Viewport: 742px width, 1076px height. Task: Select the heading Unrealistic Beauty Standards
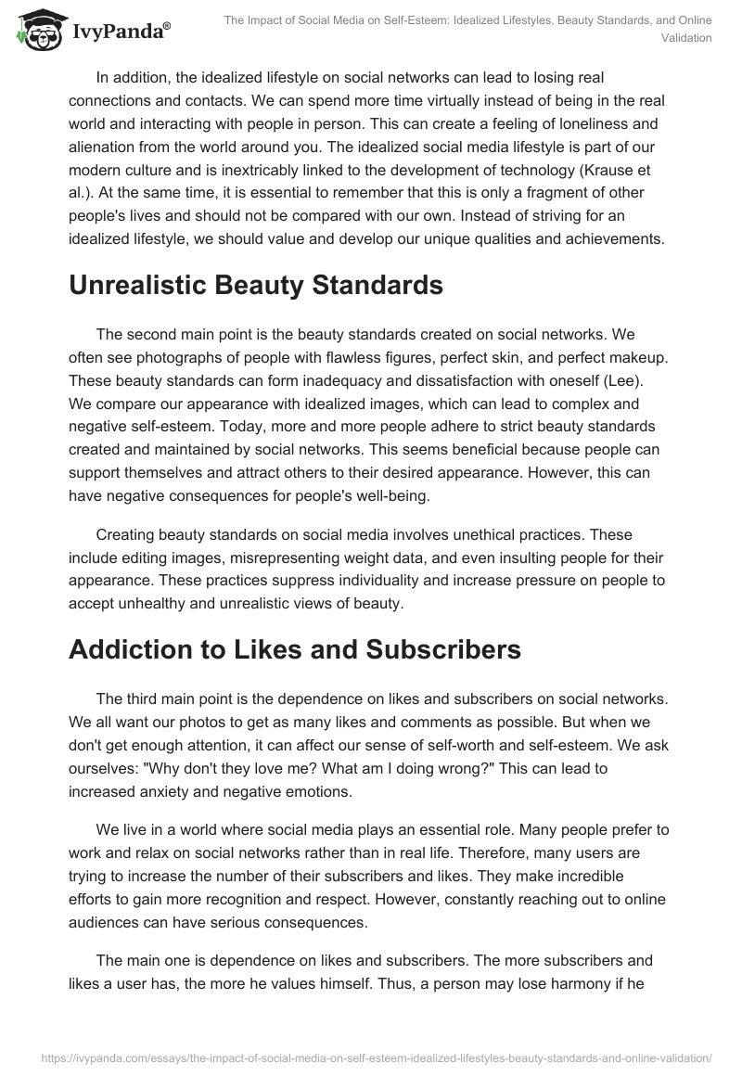(255, 286)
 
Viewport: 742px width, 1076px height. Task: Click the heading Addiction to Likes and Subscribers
(295, 649)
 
